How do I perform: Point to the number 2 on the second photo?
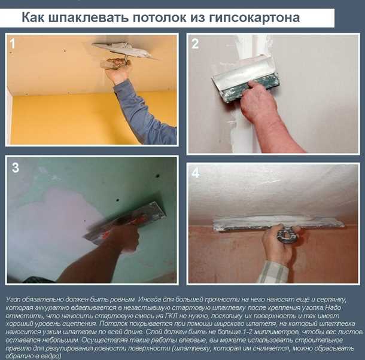[x=195, y=44]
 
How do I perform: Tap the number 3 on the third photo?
[x=15, y=168]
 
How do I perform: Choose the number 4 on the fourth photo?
[x=196, y=174]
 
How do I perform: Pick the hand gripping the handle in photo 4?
[x=278, y=239]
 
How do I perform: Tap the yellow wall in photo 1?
[x=60, y=120]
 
